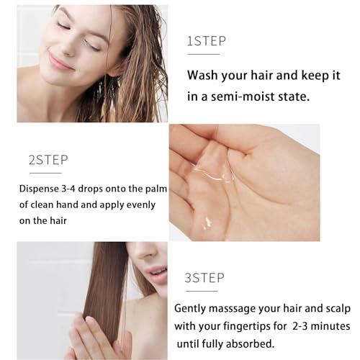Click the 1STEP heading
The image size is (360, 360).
click(x=207, y=41)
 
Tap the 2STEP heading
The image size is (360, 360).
click(x=48, y=160)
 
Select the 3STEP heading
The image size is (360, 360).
click(x=204, y=278)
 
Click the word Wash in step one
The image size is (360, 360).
click(x=202, y=75)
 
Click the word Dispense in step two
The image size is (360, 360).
click(x=39, y=189)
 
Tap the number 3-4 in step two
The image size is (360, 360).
click(x=68, y=189)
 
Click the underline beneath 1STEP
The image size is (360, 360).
click(x=204, y=55)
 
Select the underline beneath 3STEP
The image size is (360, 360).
click(x=202, y=292)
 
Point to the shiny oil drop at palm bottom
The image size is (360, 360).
click(x=207, y=222)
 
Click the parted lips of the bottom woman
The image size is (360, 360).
click(x=156, y=274)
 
